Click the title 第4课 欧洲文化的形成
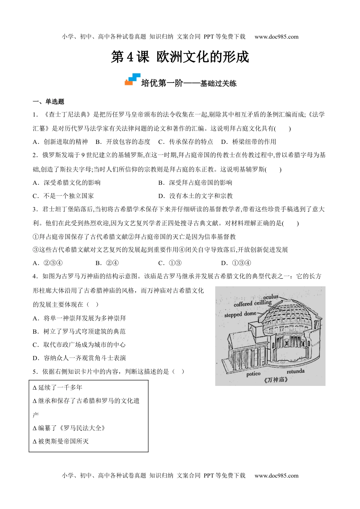pos(180,57)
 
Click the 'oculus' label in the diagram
pos(271,297)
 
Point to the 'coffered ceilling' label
pos(252,303)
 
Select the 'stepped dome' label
pos(240,314)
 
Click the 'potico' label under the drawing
pos(253,374)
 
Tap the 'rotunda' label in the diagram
pos(296,371)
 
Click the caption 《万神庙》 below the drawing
pos(275,380)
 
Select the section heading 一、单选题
pos(49,101)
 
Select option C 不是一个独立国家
pos(63,196)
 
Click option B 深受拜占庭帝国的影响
pos(195,183)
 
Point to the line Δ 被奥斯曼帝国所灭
pos(61,441)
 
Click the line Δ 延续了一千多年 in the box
pos(58,387)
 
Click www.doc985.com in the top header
pos(277,37)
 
